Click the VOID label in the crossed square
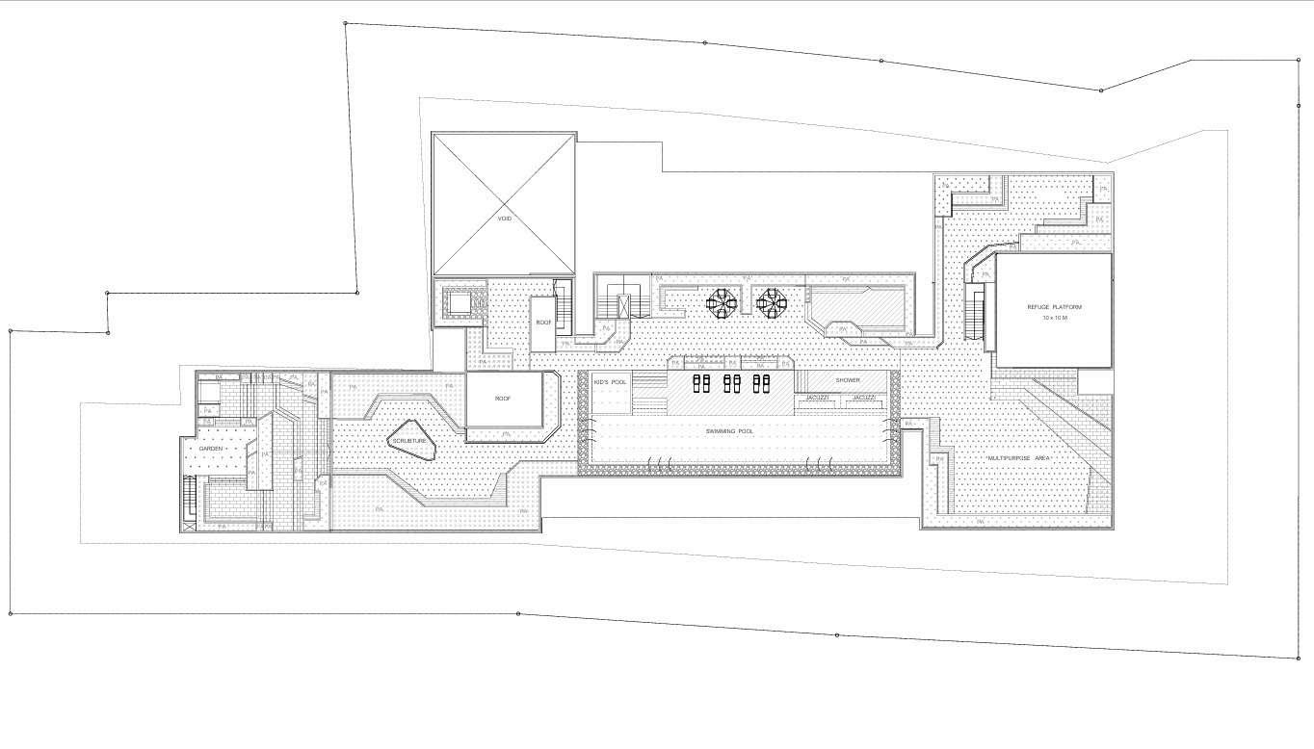coord(504,219)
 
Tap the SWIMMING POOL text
coord(729,431)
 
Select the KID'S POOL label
coord(610,382)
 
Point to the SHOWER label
coord(847,380)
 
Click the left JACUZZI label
coord(817,398)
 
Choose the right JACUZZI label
coord(863,398)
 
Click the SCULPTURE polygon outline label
coord(408,440)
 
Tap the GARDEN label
coord(211,449)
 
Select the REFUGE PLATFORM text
coord(1054,307)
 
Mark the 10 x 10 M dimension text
coord(1054,317)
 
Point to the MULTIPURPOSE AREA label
coord(1018,458)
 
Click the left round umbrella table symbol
coord(719,303)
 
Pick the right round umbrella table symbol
coord(771,303)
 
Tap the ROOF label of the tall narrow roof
coord(543,323)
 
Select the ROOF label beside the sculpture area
coord(503,398)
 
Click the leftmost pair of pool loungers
coord(702,384)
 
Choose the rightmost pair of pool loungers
coord(761,384)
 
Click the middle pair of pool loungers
coord(732,384)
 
